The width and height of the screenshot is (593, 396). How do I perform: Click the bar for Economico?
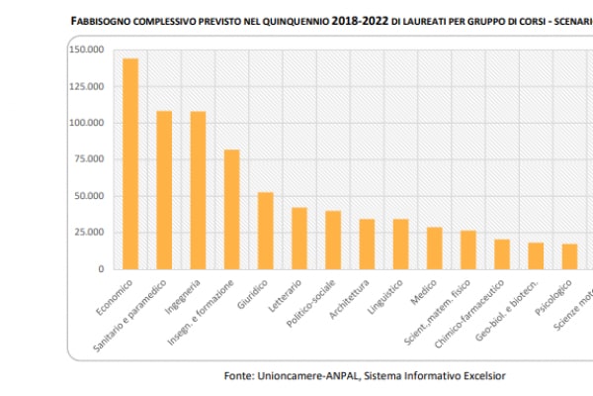pos(130,163)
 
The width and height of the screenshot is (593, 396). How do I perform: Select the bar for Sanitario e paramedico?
pos(164,189)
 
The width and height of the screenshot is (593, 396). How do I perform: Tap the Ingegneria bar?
pos(198,189)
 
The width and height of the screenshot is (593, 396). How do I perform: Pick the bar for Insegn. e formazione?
pos(231,209)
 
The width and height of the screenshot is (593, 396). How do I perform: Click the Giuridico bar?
pos(265,231)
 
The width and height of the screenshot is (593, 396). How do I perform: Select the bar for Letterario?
pos(299,238)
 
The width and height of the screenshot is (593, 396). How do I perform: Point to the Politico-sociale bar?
pos(333,240)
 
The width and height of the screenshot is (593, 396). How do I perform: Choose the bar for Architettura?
pos(367,244)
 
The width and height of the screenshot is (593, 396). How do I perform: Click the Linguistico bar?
pos(400,244)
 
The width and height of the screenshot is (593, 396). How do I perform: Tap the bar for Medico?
pos(434,247)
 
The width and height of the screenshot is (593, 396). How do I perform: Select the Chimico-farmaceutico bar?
pos(502,253)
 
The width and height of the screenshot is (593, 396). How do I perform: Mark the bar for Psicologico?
pos(569,256)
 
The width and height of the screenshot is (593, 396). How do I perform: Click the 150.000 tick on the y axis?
pos(86,50)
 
